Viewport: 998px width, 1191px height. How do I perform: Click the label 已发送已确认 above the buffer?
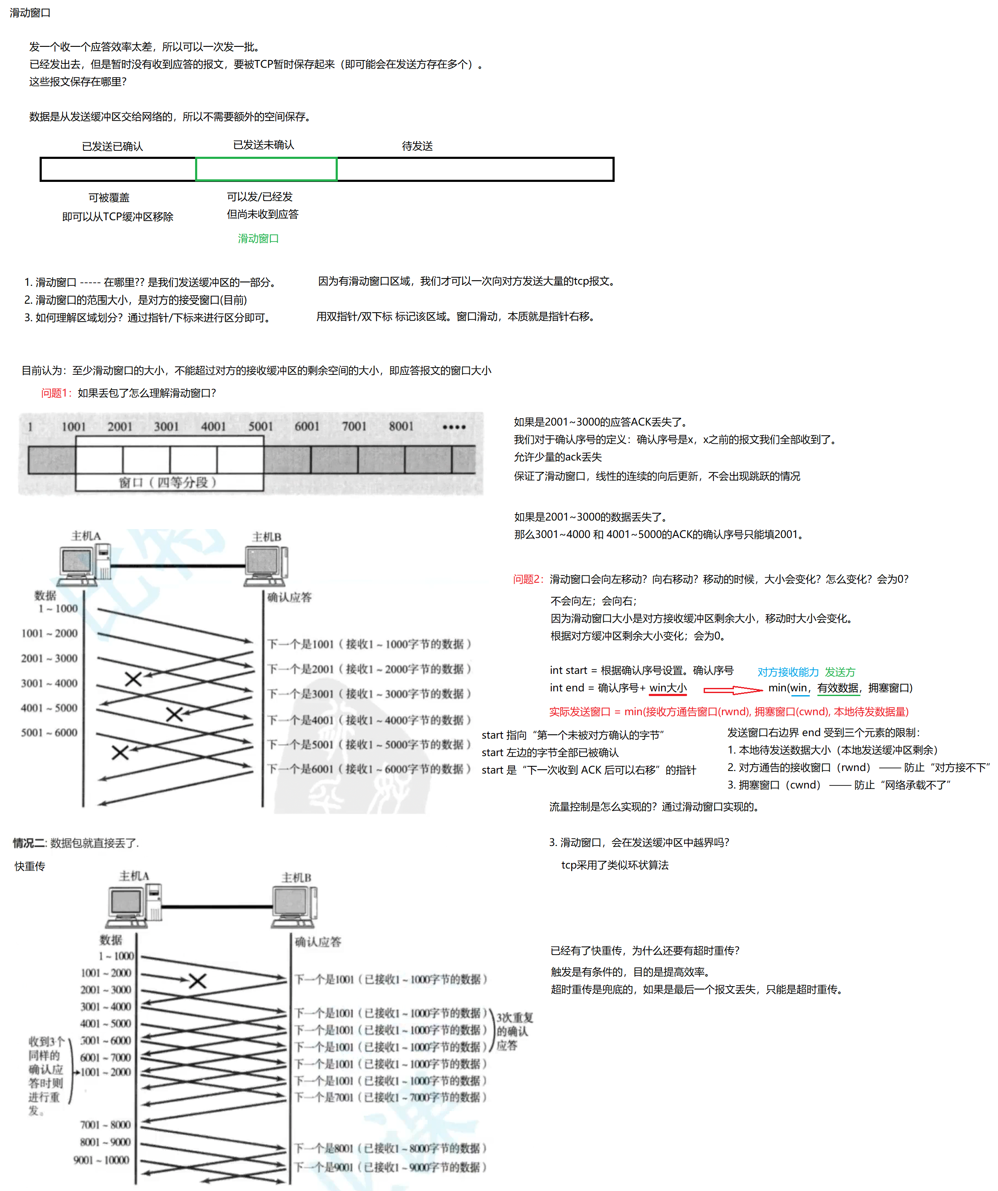pos(112,147)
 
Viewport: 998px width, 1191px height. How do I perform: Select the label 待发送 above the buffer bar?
pos(417,146)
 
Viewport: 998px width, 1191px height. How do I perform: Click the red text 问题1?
pos(55,393)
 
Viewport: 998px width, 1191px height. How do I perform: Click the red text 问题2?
pos(528,579)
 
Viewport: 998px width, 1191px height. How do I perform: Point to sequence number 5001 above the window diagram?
pos(260,426)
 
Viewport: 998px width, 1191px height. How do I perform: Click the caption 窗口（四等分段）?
pos(168,482)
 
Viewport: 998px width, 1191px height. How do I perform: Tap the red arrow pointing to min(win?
pos(733,690)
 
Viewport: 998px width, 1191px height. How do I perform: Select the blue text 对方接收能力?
pos(788,672)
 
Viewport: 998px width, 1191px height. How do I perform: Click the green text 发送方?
pos(840,672)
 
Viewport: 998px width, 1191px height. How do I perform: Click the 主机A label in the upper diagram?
pos(86,536)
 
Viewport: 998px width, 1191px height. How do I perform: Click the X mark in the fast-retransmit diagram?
pos(197,981)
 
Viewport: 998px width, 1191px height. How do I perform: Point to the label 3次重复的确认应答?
pos(514,1031)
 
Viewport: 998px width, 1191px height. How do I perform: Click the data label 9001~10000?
pos(101,1160)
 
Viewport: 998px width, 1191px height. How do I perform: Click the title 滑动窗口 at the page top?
pos(30,12)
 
